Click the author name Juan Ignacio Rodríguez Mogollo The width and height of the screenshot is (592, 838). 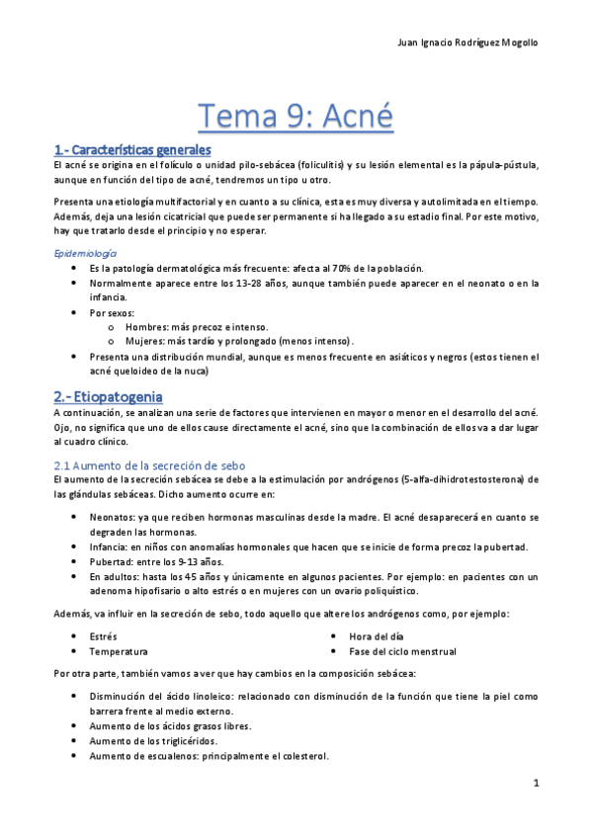(x=467, y=42)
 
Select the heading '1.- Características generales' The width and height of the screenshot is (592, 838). (x=132, y=150)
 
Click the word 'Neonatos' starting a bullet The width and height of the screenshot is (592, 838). (x=112, y=518)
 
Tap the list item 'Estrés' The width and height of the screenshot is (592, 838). (x=103, y=637)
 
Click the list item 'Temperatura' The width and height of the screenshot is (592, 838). (x=119, y=652)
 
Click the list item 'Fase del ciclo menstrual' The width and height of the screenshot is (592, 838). (x=402, y=652)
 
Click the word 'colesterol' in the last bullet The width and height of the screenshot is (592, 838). (x=301, y=756)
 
